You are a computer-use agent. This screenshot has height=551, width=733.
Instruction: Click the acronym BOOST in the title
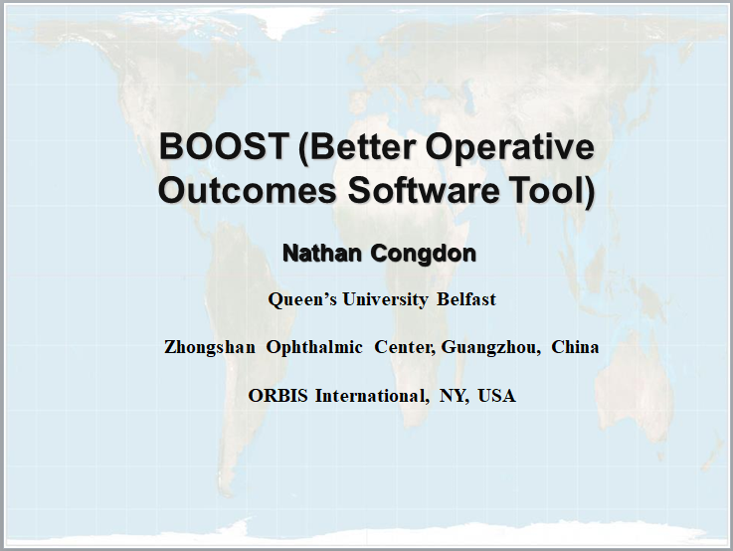click(x=223, y=146)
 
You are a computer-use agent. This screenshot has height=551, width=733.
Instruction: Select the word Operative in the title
click(x=509, y=148)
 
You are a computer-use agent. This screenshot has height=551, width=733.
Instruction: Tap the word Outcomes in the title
click(x=248, y=190)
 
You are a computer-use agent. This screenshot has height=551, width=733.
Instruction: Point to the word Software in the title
click(x=424, y=190)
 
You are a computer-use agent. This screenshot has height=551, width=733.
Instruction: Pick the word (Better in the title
click(x=356, y=147)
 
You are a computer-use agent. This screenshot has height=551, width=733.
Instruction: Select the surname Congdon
click(x=424, y=254)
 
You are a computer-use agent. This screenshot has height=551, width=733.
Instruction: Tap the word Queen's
click(x=302, y=299)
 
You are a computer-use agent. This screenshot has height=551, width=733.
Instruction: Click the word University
click(x=385, y=300)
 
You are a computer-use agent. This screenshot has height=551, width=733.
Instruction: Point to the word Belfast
click(x=466, y=299)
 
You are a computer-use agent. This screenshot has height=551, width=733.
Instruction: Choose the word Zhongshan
click(x=210, y=348)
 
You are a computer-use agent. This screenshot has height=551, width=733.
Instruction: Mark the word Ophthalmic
click(x=314, y=348)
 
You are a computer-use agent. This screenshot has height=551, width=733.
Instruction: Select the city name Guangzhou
click(x=488, y=348)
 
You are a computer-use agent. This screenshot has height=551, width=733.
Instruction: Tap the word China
click(x=575, y=347)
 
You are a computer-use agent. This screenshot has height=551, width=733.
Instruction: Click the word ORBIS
click(x=277, y=396)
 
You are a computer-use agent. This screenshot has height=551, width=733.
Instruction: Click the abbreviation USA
click(x=496, y=396)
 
